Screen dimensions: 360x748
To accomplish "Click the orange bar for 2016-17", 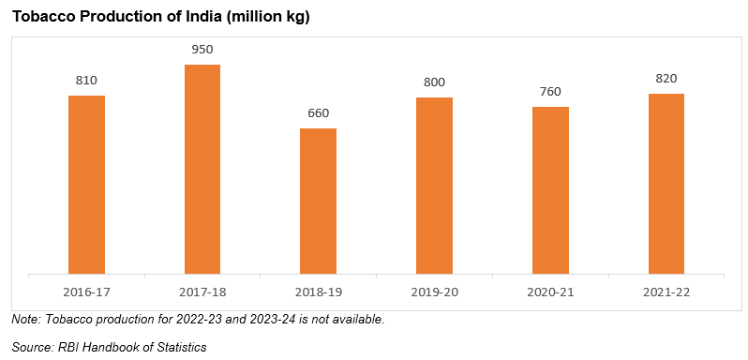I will pyautogui.click(x=86, y=185).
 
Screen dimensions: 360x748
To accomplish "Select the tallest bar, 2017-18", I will pyautogui.click(x=202, y=170).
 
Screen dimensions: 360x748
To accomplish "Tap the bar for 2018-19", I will pyautogui.click(x=318, y=202).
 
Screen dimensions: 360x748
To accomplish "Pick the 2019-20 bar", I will pyautogui.click(x=434, y=186).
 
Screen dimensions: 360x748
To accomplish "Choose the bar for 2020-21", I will pyautogui.click(x=550, y=190).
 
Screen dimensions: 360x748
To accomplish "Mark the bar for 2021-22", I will pyautogui.click(x=666, y=184).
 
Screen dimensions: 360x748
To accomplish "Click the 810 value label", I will pyautogui.click(x=86, y=81).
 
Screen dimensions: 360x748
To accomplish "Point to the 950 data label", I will pyautogui.click(x=202, y=50).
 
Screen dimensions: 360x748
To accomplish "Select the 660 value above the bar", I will pyautogui.click(x=318, y=113).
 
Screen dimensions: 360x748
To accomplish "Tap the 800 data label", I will pyautogui.click(x=434, y=82).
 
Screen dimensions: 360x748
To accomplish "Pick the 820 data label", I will pyautogui.click(x=666, y=78).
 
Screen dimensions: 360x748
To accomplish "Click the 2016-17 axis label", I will pyautogui.click(x=86, y=292).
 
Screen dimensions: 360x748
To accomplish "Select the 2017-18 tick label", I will pyautogui.click(x=202, y=292).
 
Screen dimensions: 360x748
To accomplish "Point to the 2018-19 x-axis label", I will pyautogui.click(x=318, y=292).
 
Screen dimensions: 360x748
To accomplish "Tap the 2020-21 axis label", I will pyautogui.click(x=550, y=292).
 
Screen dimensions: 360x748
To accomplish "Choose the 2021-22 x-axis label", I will pyautogui.click(x=666, y=292).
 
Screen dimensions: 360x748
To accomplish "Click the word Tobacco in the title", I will pyautogui.click(x=43, y=18).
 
